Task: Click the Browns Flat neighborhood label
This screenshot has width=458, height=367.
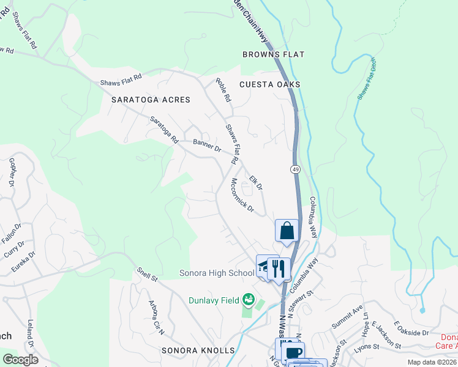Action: point(273,54)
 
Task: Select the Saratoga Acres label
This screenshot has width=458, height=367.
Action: point(151,99)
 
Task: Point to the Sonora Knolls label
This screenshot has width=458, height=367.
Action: point(198,350)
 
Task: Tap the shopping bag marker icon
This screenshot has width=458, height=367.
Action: point(287,231)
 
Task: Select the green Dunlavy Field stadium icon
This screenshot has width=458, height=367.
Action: point(248,299)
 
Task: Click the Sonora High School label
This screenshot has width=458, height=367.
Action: point(217,273)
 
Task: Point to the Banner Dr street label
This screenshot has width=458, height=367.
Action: point(206,146)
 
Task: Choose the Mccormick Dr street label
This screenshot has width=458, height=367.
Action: point(242,196)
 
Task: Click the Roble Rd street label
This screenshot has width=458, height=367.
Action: point(223,89)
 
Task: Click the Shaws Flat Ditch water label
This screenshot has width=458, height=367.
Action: point(366,78)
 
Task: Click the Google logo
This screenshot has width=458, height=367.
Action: point(20,360)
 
